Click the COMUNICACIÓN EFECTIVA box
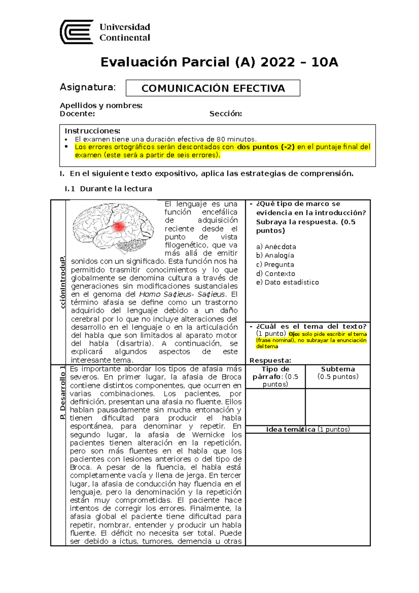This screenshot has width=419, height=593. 213,88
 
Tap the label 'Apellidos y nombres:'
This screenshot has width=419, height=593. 101,105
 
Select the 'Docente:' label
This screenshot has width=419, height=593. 77,114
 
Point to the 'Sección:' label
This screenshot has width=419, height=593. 226,114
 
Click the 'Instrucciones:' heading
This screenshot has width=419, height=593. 92,131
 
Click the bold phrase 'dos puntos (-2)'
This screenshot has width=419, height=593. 266,147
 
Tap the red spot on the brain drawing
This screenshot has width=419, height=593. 119,227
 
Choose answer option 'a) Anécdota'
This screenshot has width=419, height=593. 276,247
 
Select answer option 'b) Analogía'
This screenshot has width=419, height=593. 275,256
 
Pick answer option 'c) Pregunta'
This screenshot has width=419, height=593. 275,265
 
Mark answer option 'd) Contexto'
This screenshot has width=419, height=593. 275,274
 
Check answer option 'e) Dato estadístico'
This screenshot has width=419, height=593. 287,283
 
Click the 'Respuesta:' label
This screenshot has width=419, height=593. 270,361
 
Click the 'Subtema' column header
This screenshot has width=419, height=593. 338,369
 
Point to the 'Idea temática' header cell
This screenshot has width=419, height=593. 291,430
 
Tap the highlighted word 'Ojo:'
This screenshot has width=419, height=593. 294,334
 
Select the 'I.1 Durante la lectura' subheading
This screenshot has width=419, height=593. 108,189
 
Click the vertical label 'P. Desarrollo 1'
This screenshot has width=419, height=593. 63,392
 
